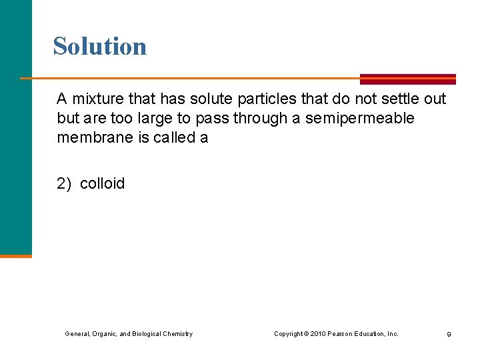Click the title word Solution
coord(100,46)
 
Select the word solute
coord(207,99)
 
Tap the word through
coord(256,119)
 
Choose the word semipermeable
coord(359,119)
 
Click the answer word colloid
coord(102,184)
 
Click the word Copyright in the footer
coord(288,333)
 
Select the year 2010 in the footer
coord(318,333)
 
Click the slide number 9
coord(449,334)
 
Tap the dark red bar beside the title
coord(407,79)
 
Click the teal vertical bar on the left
coord(15,127)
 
